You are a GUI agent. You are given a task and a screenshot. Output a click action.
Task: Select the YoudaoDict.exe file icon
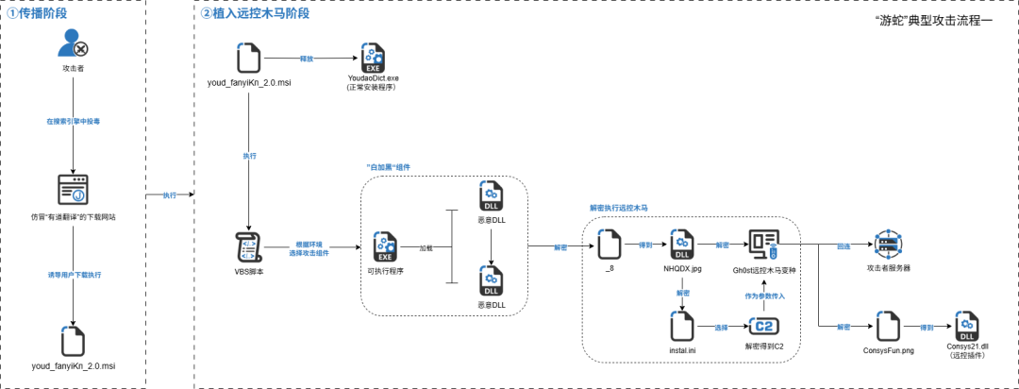(x=374, y=59)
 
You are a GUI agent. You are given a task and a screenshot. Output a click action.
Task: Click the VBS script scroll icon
(x=247, y=247)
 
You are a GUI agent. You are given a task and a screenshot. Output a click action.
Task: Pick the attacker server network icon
(x=887, y=245)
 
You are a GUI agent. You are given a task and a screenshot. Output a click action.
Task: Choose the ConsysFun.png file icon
(x=887, y=327)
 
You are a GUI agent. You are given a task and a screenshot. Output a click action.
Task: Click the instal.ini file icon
(x=682, y=327)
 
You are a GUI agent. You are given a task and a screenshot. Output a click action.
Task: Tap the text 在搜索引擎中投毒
(x=73, y=123)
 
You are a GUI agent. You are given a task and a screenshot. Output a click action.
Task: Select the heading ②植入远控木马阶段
(x=255, y=14)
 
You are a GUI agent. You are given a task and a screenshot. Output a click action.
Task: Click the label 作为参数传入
(x=764, y=296)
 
